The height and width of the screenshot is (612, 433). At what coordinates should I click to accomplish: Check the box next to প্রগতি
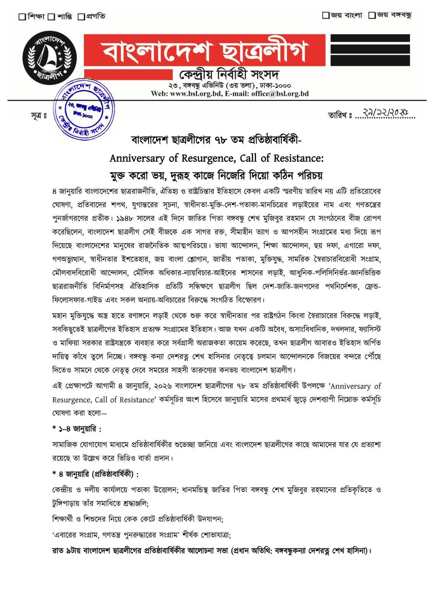pyautogui.click(x=81, y=16)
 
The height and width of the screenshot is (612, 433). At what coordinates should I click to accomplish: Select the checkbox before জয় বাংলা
pyautogui.click(x=326, y=15)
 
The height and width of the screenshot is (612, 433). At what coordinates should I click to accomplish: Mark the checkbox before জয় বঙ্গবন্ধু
pyautogui.click(x=371, y=15)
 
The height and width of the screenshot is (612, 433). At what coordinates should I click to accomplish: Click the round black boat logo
pyautogui.click(x=50, y=58)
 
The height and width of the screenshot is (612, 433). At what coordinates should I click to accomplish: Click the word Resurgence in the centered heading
pyautogui.click(x=203, y=158)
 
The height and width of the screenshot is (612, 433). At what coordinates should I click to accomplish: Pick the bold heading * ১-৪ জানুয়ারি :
pyautogui.click(x=77, y=429)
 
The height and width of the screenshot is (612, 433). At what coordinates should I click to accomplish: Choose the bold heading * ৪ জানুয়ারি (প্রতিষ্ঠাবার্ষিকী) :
pyautogui.click(x=95, y=474)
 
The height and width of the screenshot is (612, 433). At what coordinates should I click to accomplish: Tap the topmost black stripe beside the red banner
pyautogui.click(x=370, y=37)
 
